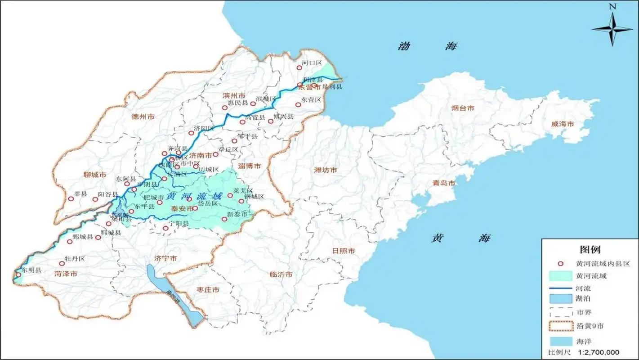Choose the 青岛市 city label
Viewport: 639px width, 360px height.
click(x=444, y=183)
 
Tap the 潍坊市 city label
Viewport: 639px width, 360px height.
click(x=326, y=170)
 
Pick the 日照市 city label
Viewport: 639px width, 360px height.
click(x=344, y=251)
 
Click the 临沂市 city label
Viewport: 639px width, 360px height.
click(x=281, y=274)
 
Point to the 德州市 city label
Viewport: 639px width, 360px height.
click(x=143, y=117)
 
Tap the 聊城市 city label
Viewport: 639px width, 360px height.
click(x=95, y=174)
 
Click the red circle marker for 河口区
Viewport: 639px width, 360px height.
click(x=299, y=68)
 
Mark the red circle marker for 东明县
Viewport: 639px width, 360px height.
click(x=18, y=274)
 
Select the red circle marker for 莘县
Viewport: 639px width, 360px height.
click(x=71, y=198)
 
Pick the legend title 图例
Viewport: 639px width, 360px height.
click(x=590, y=249)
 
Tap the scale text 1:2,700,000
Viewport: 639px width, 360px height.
click(x=599, y=352)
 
